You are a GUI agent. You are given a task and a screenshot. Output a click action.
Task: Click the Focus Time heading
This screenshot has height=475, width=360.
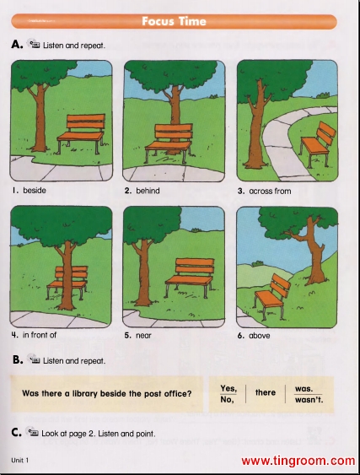click(x=174, y=21)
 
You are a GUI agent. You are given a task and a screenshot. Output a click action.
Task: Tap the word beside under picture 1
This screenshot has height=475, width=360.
click(x=35, y=190)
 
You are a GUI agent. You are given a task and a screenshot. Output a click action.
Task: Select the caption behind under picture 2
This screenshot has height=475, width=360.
click(x=148, y=191)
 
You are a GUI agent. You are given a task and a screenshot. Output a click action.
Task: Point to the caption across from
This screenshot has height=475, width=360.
click(x=270, y=192)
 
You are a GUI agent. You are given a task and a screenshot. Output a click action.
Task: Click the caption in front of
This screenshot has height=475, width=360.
click(x=40, y=335)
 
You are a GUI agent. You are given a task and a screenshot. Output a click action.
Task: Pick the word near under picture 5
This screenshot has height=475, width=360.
click(x=143, y=335)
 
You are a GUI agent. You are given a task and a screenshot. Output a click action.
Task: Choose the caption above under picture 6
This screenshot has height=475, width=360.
click(x=260, y=336)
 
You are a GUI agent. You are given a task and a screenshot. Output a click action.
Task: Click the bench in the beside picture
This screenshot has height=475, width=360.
click(x=82, y=133)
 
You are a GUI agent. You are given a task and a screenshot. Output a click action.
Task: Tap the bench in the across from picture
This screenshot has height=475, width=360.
click(x=318, y=143)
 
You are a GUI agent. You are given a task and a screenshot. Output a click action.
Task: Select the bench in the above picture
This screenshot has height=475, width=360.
click(x=271, y=294)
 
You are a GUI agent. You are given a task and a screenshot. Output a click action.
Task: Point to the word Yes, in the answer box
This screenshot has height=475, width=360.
click(x=228, y=388)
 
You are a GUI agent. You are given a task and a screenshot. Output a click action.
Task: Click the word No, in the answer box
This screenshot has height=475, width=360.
click(x=227, y=400)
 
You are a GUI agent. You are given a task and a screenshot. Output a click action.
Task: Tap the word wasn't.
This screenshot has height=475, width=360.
click(x=309, y=400)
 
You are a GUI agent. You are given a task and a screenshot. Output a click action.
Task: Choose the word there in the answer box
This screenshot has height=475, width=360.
click(x=266, y=392)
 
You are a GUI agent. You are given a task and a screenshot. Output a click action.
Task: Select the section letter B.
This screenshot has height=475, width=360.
click(x=18, y=360)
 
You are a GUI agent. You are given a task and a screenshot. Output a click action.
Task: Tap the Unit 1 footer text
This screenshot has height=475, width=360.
click(x=20, y=461)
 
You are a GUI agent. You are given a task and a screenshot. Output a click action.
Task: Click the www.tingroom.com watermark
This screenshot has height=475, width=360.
click(x=298, y=461)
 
